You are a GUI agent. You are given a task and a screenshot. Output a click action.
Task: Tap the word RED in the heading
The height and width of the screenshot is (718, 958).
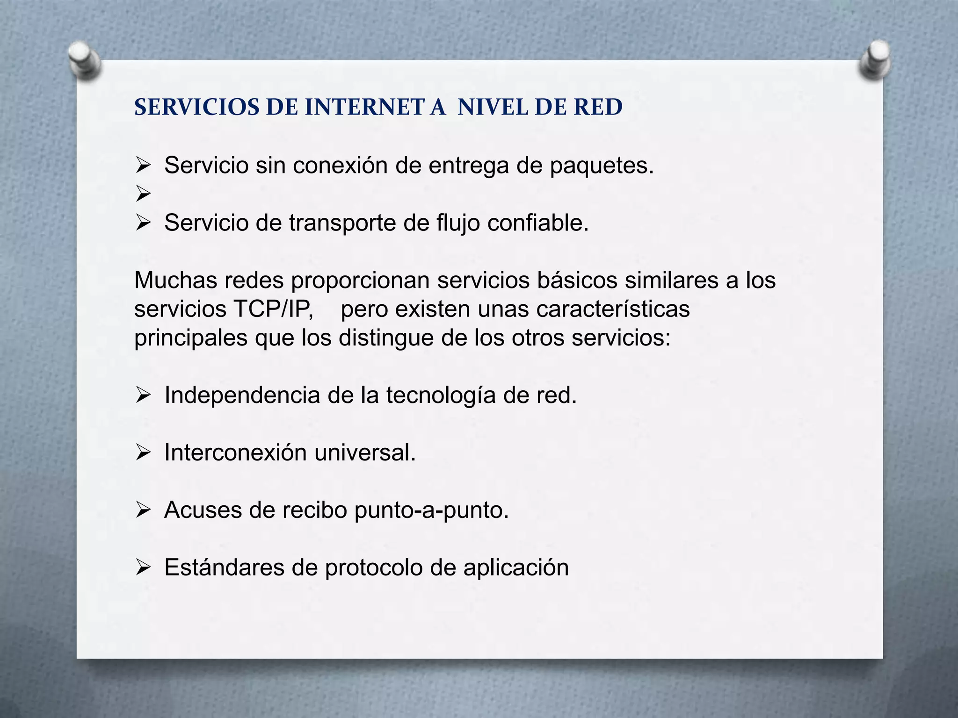(x=598, y=108)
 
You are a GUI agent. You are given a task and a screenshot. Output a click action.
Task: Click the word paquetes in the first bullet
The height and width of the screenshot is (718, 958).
(x=602, y=166)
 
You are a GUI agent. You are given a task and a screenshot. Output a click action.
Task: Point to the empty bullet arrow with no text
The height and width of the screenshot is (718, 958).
(x=143, y=194)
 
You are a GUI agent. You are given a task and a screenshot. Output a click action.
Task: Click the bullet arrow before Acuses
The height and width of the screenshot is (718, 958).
(x=143, y=510)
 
